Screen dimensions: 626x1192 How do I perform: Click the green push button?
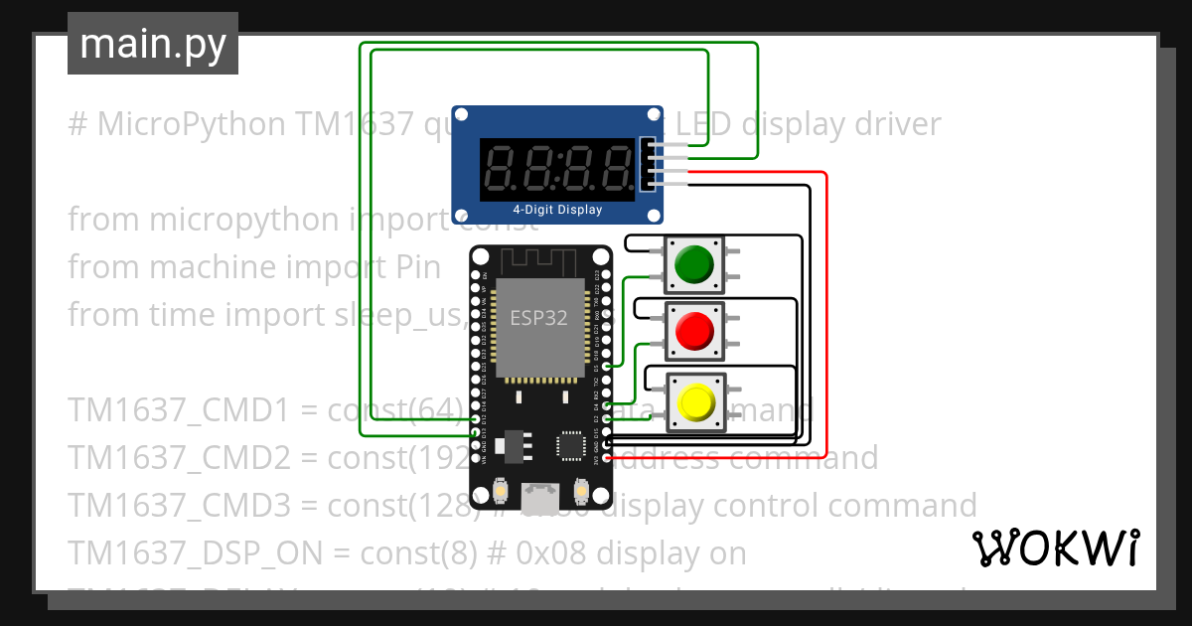point(693,263)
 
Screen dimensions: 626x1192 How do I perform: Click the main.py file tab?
point(153,44)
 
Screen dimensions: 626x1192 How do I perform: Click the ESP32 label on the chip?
point(538,318)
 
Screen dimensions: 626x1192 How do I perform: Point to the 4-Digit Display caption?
point(557,210)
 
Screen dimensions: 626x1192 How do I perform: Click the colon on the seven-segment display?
point(557,166)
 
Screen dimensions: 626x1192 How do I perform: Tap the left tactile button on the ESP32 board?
point(502,489)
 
